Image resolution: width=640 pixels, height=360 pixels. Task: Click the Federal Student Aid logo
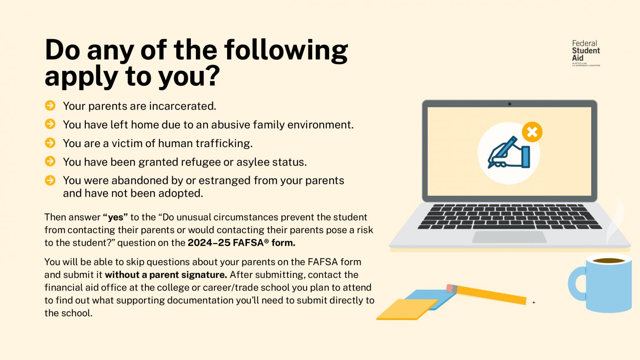click(585, 53)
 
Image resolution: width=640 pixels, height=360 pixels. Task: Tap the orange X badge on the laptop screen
click(532, 132)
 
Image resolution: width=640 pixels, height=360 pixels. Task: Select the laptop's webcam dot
click(509, 104)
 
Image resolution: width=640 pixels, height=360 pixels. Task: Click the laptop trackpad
click(509, 237)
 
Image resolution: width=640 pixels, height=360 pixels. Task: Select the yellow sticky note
click(406, 309)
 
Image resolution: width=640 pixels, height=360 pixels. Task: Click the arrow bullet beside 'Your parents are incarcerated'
click(50, 106)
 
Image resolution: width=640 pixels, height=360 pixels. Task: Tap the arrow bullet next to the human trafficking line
click(50, 143)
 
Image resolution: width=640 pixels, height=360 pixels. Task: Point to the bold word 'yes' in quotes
click(115, 217)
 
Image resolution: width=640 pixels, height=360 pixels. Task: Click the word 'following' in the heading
click(286, 50)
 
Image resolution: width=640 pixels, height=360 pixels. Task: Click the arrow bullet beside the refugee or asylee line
click(50, 161)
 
